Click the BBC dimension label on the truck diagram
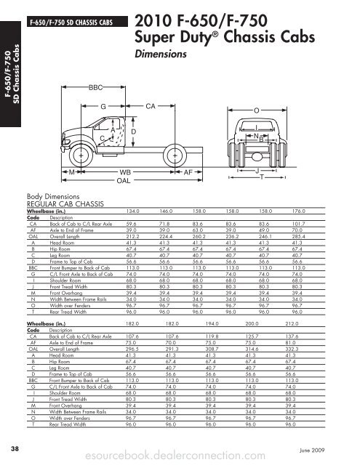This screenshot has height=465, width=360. coord(95,87)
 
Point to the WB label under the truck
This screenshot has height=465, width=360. coord(124,171)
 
